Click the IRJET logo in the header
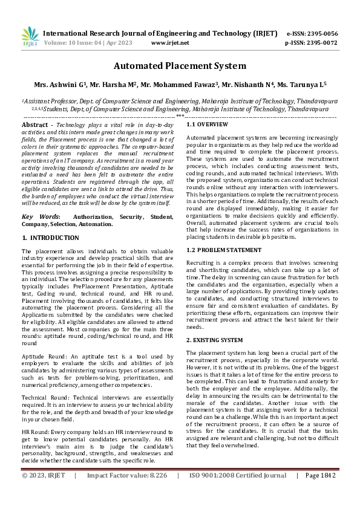tap(30, 37)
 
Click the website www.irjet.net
tap(170, 43)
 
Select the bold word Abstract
tap(34, 124)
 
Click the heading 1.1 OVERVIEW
tap(207, 124)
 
